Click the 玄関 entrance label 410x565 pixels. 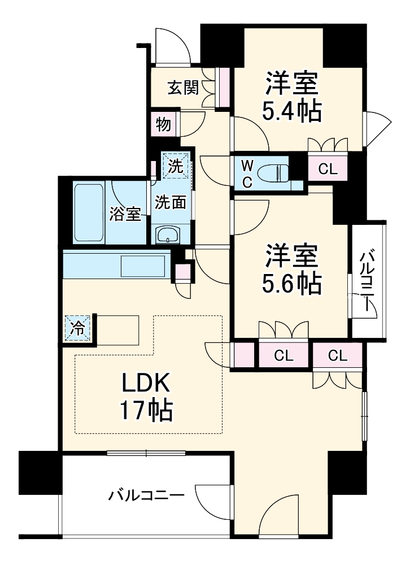click(182, 88)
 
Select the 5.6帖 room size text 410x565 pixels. click(291, 282)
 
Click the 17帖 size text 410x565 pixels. click(146, 411)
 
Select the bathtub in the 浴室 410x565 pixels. click(89, 212)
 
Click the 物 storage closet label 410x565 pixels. click(163, 124)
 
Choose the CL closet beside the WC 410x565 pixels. click(328, 168)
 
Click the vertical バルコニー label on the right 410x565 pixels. click(368, 281)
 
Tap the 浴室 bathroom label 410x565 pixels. click(125, 214)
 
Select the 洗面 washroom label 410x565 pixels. click(171, 202)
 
